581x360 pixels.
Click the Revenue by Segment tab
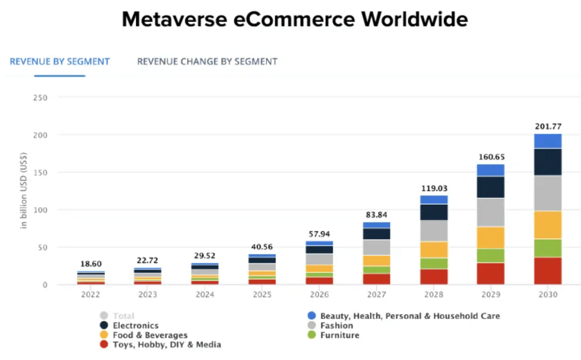pos(60,61)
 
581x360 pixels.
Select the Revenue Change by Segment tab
pos(207,61)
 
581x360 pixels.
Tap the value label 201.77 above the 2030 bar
pos(548,126)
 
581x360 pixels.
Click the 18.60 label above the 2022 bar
pos(91,264)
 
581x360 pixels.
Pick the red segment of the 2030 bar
pos(548,270)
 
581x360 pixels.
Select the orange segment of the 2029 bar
pos(491,237)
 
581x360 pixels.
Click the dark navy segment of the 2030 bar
pos(548,162)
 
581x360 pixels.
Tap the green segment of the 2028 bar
pos(433,263)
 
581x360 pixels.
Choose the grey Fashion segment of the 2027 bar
pos(377,247)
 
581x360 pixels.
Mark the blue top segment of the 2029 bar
pos(491,170)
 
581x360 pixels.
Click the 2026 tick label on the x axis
pos(319,295)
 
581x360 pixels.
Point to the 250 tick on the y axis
pos(40,98)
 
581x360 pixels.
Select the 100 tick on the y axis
pos(40,210)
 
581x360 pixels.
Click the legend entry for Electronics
pos(135,325)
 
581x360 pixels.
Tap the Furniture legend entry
pos(339,335)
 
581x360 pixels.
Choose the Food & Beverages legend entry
pos(150,335)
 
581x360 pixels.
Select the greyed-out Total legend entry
pos(123,316)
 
